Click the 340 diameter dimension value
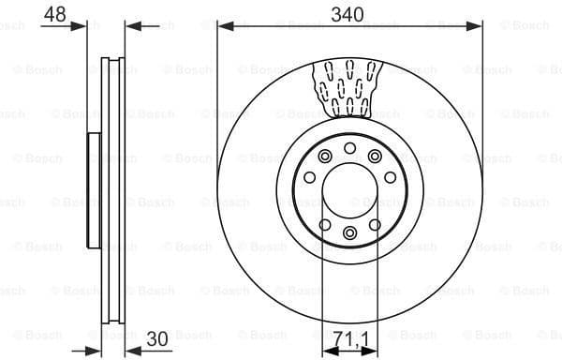pos(348,14)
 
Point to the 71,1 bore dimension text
pos(349,336)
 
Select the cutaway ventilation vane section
pos(348,88)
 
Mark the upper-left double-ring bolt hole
pos(324,156)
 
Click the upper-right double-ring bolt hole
pos(375,156)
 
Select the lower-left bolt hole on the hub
pos(324,224)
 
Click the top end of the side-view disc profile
pos(111,60)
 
